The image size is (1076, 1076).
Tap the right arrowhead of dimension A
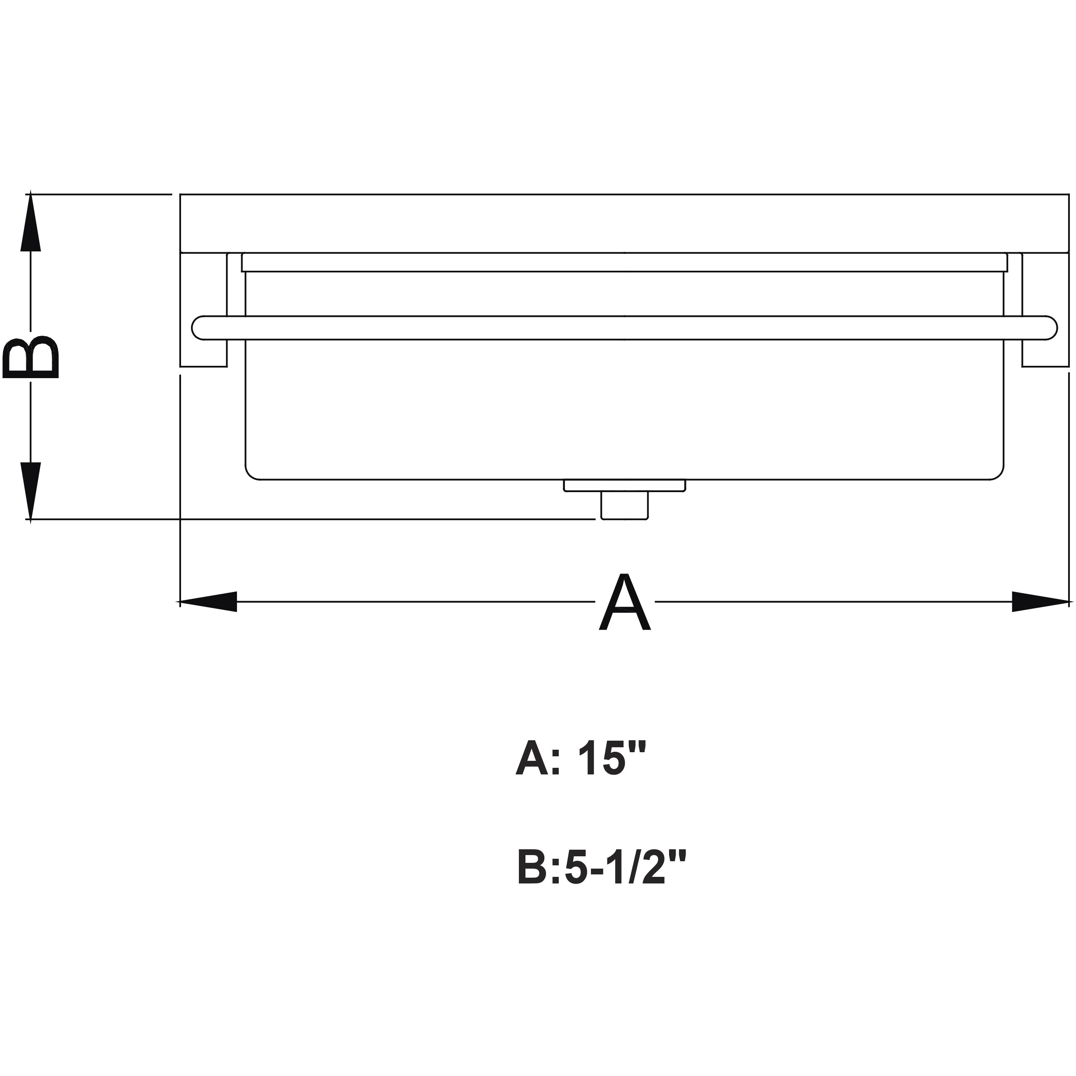click(1040, 602)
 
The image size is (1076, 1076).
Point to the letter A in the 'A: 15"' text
click(532, 758)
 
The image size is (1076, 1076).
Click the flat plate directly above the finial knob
click(624, 486)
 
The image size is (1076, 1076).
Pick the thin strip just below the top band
click(624, 263)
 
